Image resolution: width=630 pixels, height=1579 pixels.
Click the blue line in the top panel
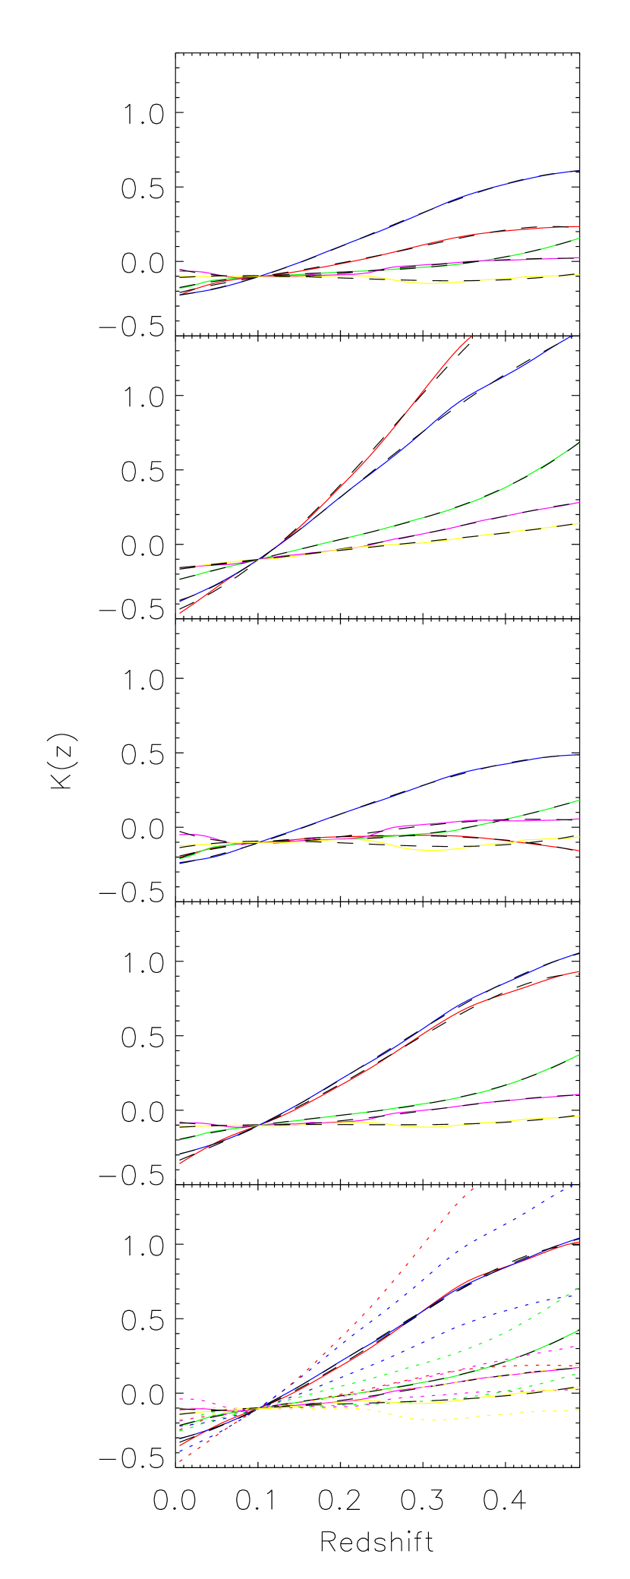[x=455, y=200]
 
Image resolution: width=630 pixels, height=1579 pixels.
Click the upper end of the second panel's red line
[x=471, y=336]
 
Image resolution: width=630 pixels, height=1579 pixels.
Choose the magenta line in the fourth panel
[x=531, y=1099]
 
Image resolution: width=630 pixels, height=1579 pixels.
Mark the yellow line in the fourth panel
[x=433, y=1127]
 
